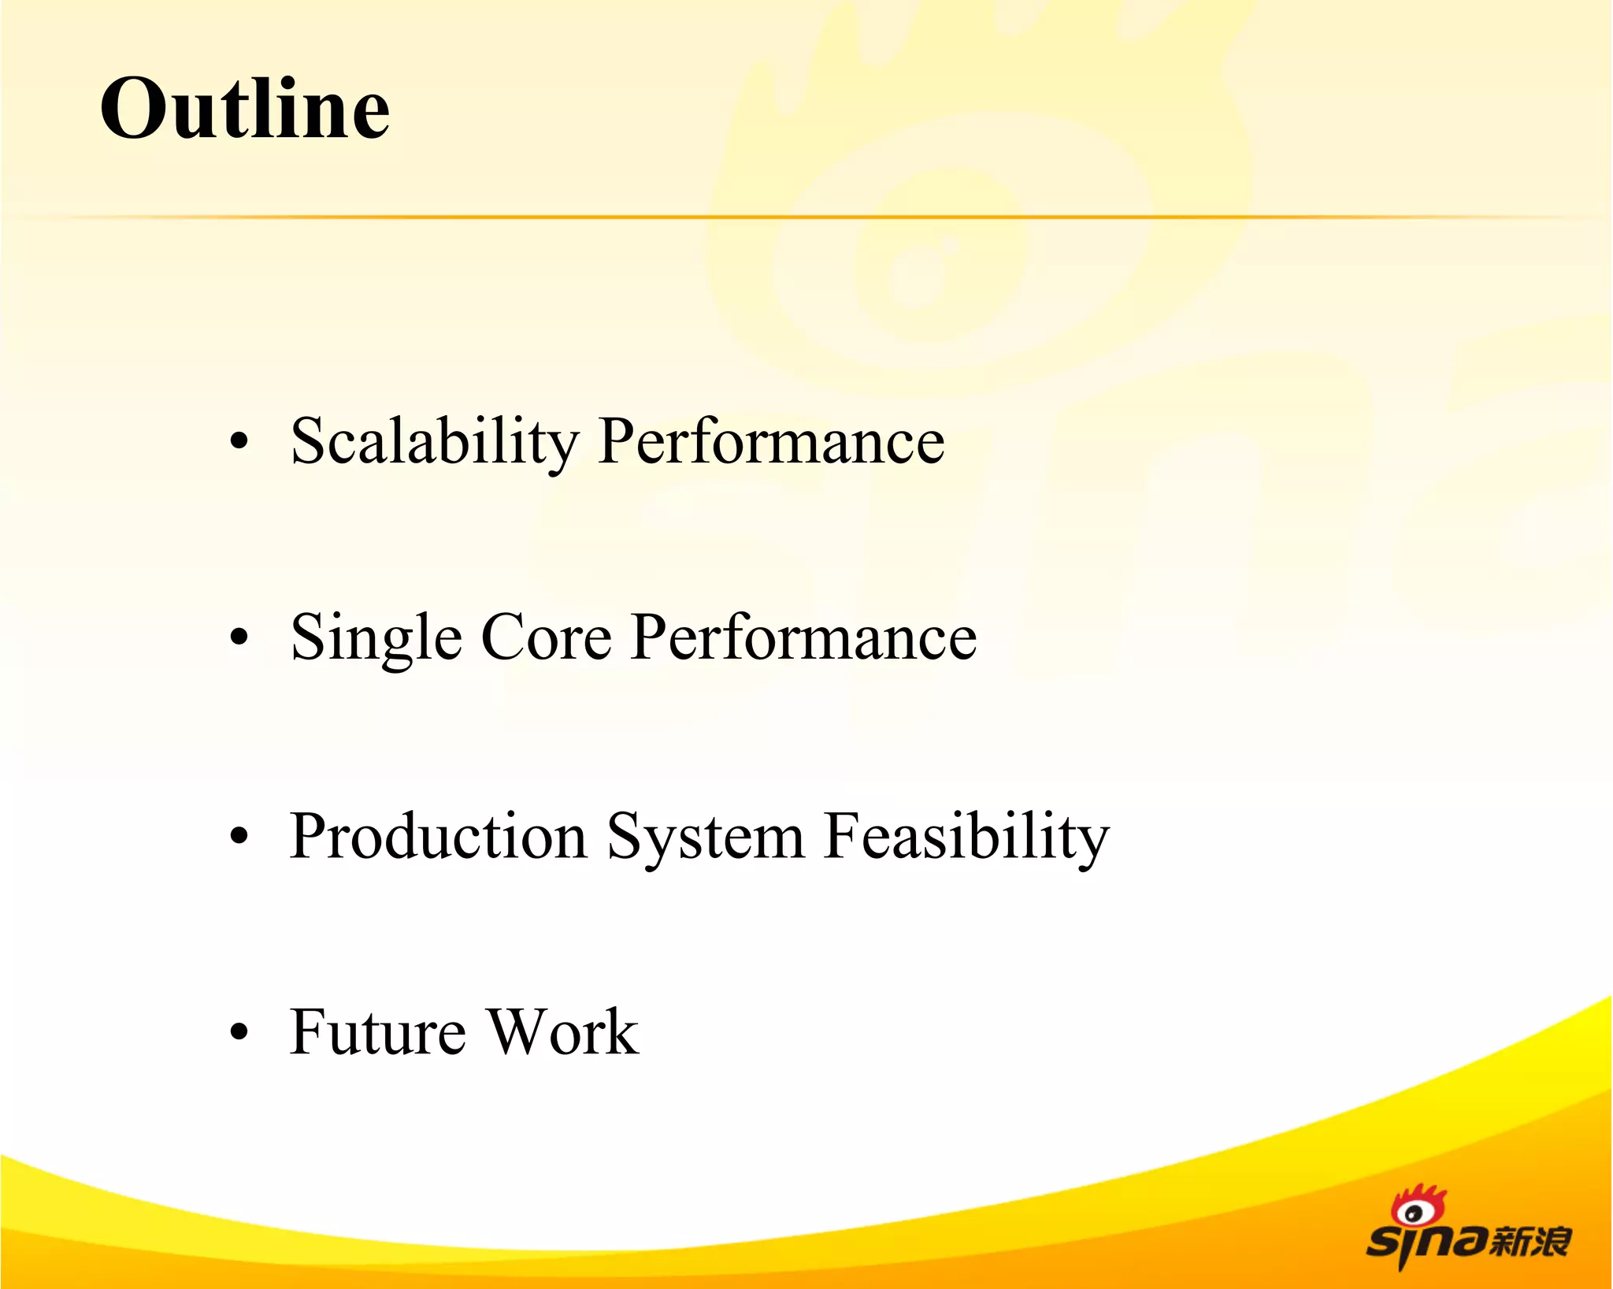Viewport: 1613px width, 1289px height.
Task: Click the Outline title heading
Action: pyautogui.click(x=245, y=109)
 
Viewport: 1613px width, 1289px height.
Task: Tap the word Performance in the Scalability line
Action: pyautogui.click(x=771, y=442)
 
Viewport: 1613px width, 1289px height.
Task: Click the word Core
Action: pyautogui.click(x=546, y=637)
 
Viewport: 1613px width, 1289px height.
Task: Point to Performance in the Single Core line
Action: pyautogui.click(x=803, y=637)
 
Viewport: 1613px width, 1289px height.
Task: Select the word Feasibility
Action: pyautogui.click(x=966, y=837)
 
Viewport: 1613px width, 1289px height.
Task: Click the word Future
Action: pyautogui.click(x=377, y=1031)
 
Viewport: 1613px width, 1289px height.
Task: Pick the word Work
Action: pyautogui.click(x=562, y=1031)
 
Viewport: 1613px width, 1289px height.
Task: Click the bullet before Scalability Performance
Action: pyautogui.click(x=239, y=442)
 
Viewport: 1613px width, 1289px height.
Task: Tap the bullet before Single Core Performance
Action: pyautogui.click(x=239, y=638)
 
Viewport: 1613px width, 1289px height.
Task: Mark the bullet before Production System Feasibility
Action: pyautogui.click(x=239, y=836)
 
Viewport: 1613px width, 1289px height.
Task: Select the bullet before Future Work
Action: pyautogui.click(x=239, y=1031)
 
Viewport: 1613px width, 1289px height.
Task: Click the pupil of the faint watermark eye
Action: pyautogui.click(x=914, y=276)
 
